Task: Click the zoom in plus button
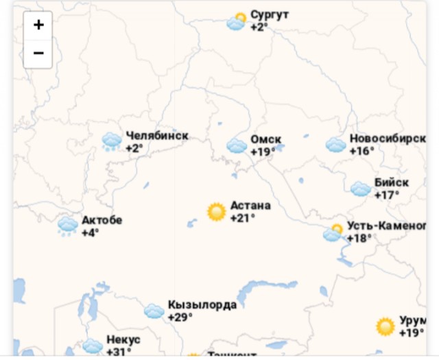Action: click(38, 25)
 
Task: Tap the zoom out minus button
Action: click(38, 53)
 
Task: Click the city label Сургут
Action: click(270, 14)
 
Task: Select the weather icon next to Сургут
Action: click(237, 22)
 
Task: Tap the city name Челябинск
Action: click(156, 136)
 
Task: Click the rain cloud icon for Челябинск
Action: click(112, 142)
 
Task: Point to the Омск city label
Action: click(265, 140)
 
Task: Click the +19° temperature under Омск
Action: click(263, 152)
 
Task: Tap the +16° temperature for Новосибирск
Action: click(362, 151)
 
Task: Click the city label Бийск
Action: click(392, 182)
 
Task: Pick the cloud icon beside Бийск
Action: click(361, 189)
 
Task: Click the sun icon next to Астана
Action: click(217, 212)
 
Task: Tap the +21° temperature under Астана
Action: click(243, 218)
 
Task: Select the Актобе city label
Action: click(102, 220)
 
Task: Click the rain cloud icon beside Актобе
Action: click(68, 226)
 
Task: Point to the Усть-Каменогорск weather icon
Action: click(333, 233)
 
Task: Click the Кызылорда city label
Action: click(202, 305)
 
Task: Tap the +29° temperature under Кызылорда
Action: click(180, 317)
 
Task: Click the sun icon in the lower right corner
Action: click(385, 326)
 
